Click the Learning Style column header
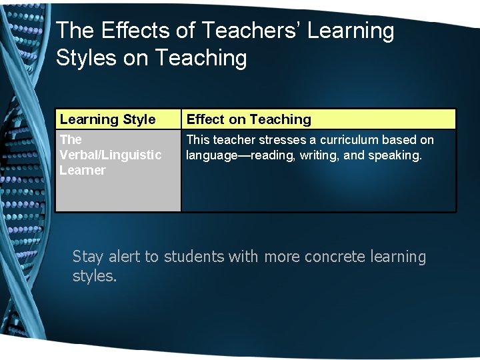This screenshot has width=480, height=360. tap(107, 120)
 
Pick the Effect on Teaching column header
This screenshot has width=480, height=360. tap(249, 120)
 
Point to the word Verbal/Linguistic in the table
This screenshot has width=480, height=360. tap(110, 155)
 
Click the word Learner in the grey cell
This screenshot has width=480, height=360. tap(82, 171)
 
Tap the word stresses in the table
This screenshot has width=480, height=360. tap(279, 140)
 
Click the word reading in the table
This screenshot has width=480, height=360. tap(263, 155)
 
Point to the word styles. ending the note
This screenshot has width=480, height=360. tap(95, 276)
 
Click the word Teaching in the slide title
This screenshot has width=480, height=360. tap(201, 58)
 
